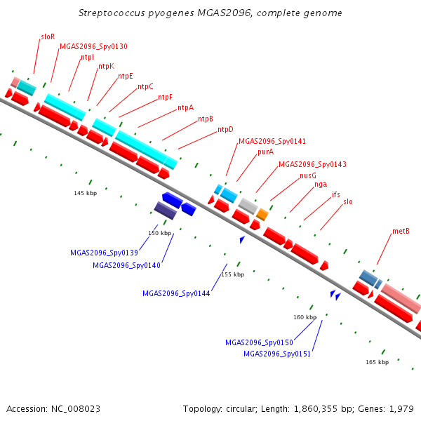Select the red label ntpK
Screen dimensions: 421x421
click(x=106, y=66)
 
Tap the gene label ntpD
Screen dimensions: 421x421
click(x=225, y=129)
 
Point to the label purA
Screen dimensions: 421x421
click(x=265, y=152)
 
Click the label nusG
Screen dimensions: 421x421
click(x=308, y=175)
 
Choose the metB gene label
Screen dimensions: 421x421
click(x=401, y=231)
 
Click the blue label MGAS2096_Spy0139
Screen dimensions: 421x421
click(x=104, y=253)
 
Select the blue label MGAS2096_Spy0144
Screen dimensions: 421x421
click(x=176, y=293)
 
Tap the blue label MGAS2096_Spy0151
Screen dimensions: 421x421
click(x=277, y=354)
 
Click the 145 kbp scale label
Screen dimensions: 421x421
click(x=85, y=193)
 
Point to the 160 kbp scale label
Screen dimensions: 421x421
click(x=305, y=317)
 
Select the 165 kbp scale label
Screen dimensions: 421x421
click(x=377, y=362)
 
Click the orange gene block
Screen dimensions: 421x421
click(x=262, y=214)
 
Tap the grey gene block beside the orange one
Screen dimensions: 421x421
click(x=248, y=206)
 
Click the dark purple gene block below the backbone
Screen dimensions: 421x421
click(x=166, y=210)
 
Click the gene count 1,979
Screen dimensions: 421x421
click(x=403, y=408)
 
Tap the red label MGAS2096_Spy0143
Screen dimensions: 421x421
click(x=312, y=164)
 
